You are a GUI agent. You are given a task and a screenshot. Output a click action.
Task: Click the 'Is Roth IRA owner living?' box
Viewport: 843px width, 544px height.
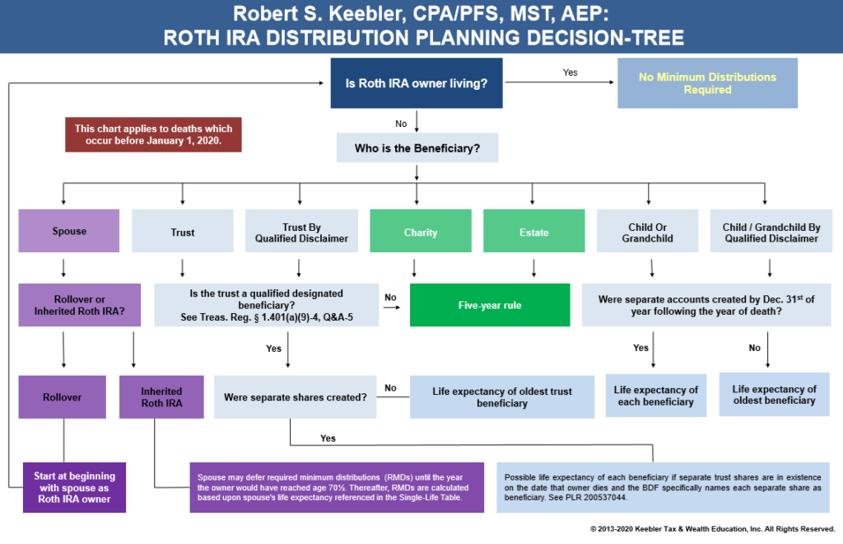click(x=417, y=82)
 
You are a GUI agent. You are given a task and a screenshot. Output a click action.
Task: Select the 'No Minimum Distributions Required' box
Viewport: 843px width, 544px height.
click(x=707, y=82)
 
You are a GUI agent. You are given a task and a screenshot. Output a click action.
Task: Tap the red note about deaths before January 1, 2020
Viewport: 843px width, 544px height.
click(x=153, y=134)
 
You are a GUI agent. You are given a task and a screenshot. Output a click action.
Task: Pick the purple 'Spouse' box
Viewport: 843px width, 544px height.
click(x=69, y=231)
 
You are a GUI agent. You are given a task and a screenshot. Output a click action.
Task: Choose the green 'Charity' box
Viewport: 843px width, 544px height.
click(x=420, y=232)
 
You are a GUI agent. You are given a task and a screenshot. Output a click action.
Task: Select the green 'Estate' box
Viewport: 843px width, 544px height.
click(x=533, y=232)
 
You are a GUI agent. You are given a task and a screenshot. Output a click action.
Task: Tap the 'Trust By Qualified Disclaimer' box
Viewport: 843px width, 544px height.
click(x=301, y=232)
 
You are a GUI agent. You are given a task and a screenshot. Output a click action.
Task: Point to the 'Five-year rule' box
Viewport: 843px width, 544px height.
click(x=490, y=305)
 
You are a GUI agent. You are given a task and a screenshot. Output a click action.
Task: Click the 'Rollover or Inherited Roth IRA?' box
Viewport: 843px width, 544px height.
click(x=69, y=305)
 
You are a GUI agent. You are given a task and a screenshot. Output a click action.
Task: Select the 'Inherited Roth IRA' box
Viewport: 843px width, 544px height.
click(x=161, y=397)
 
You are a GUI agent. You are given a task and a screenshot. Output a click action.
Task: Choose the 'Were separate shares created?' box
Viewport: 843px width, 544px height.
click(x=295, y=397)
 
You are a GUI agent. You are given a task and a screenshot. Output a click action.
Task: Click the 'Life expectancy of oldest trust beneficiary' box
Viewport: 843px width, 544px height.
click(x=501, y=397)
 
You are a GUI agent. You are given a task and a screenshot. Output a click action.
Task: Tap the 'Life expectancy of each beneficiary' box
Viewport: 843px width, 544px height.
click(x=656, y=396)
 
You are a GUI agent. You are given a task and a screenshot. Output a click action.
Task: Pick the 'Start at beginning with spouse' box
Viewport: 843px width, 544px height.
click(x=74, y=487)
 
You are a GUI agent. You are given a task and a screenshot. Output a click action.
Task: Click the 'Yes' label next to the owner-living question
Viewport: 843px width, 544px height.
click(x=570, y=73)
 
